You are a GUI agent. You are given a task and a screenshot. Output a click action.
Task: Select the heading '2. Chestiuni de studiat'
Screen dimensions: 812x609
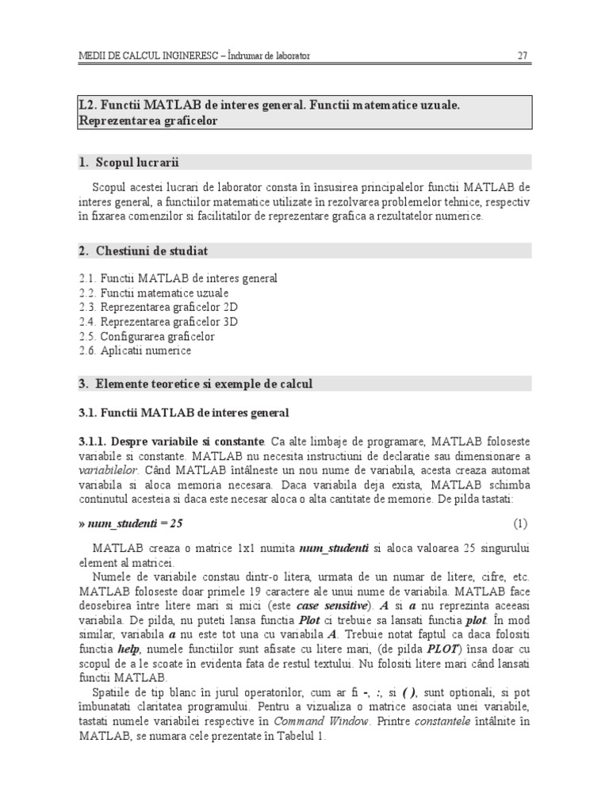[144, 251]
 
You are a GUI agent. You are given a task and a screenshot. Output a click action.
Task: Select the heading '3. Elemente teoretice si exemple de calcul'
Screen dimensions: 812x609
[196, 384]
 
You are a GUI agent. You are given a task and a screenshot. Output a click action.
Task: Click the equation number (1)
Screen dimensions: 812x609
[520, 524]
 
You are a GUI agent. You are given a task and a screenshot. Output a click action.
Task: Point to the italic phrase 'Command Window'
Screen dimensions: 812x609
[321, 721]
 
